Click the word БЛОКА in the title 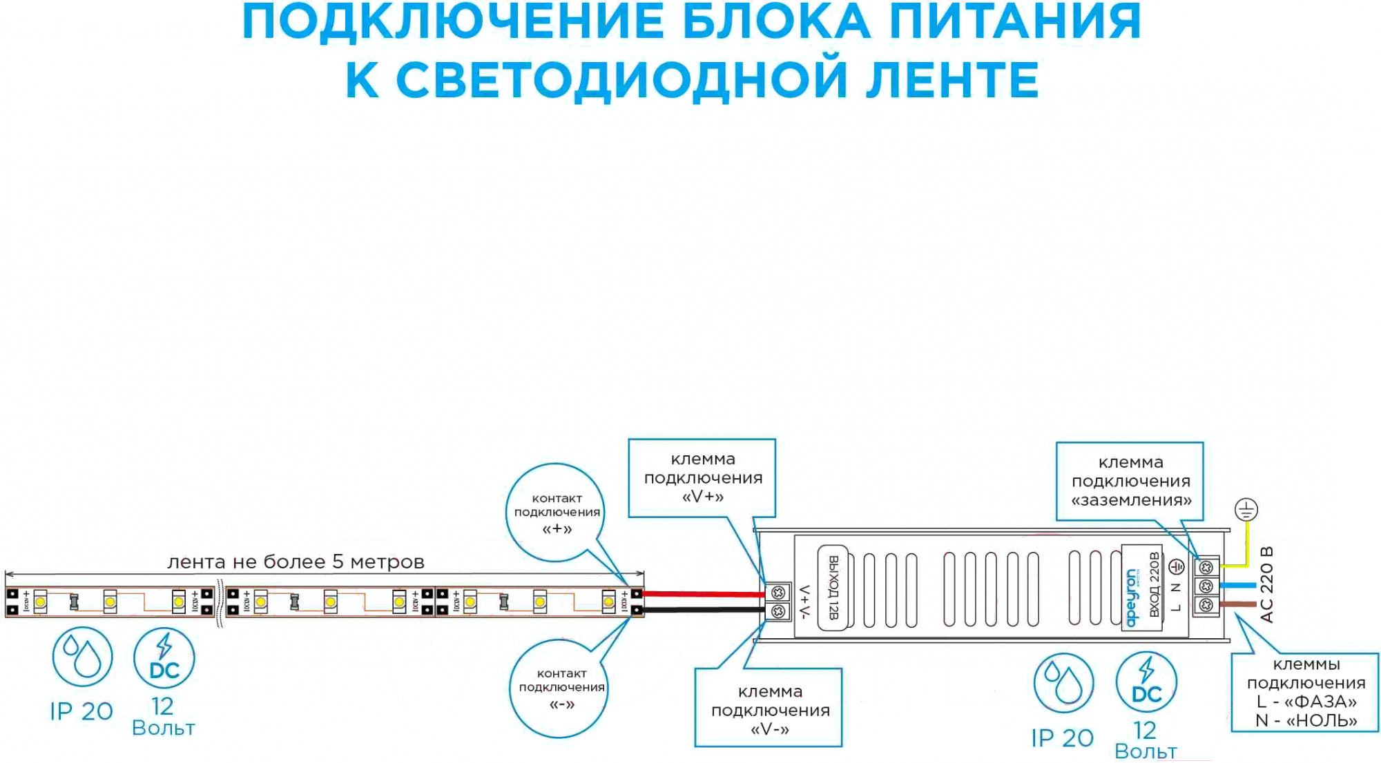tap(776, 22)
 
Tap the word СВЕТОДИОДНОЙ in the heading tap(621, 80)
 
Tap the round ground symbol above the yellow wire tap(1246, 511)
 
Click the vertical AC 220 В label tap(1267, 584)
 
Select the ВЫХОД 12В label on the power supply tap(833, 587)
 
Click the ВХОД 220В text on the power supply tap(1154, 584)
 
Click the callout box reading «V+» tap(702, 477)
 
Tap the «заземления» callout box tap(1130, 481)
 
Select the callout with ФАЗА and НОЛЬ tap(1305, 692)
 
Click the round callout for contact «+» tap(557, 513)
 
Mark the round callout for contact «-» tap(560, 688)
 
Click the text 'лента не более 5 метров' tap(296, 562)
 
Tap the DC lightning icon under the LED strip tap(164, 658)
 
